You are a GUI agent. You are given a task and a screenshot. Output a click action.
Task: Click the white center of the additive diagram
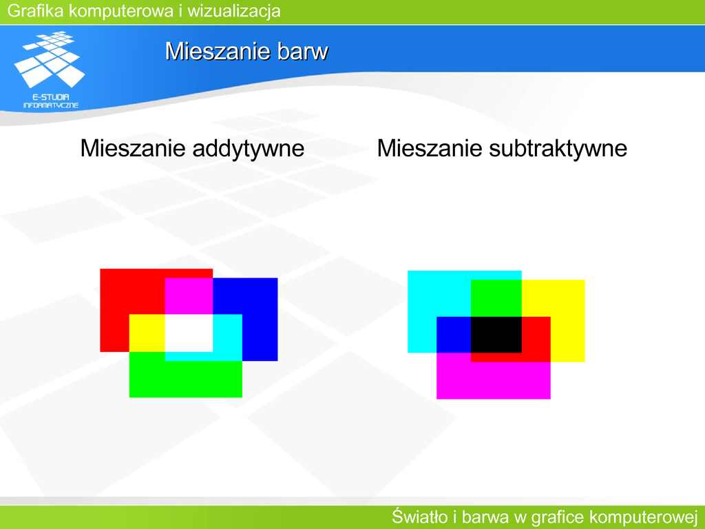189,333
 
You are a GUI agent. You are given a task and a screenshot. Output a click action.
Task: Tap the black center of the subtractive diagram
496,335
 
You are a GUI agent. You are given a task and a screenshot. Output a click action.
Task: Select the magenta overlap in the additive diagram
189,296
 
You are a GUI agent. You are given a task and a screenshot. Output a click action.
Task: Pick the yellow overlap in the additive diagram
147,333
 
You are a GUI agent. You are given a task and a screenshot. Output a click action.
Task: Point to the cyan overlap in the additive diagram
227,338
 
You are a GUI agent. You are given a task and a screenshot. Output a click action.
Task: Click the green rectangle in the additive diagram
186,378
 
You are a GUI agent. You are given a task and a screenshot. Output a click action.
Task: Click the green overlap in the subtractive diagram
496,298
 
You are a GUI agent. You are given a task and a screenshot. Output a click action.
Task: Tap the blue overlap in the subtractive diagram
454,335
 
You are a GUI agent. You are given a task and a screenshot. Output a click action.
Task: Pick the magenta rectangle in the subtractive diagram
494,380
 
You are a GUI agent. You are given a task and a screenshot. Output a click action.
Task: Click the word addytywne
248,149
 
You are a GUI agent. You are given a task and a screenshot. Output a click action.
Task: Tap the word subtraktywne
558,149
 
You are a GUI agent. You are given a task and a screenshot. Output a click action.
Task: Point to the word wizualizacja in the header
234,11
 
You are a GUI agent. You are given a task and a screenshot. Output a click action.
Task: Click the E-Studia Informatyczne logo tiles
50,59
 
